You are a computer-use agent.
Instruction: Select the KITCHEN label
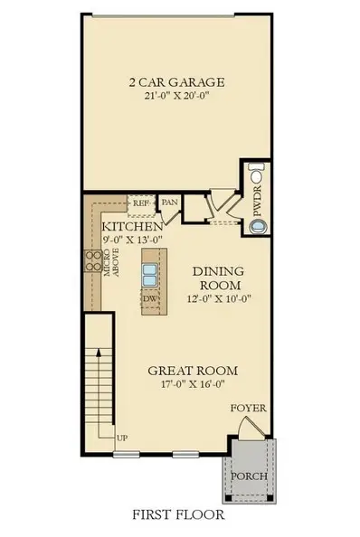[131, 225]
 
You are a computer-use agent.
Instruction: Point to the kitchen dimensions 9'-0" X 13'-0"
[132, 240]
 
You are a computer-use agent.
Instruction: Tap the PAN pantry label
[169, 203]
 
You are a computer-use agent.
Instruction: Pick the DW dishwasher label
[151, 298]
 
